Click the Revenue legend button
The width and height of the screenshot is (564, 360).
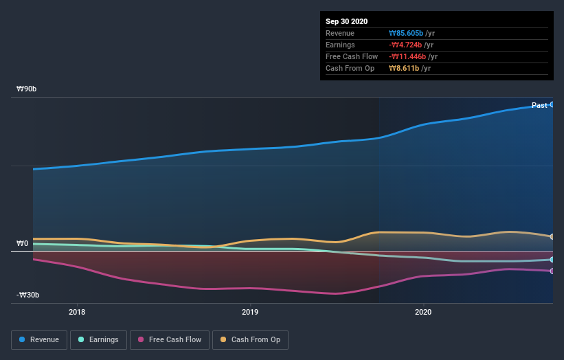39,339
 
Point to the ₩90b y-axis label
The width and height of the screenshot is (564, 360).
27,89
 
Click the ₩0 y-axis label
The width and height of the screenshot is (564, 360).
23,243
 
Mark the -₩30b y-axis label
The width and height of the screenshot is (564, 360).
27,295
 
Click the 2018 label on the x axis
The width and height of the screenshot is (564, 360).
78,311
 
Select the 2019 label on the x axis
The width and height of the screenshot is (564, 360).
251,311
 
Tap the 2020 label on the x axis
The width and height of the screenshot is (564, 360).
424,311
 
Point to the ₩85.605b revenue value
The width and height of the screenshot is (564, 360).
407,34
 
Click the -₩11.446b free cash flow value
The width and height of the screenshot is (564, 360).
408,57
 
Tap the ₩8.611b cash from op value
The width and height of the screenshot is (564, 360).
404,69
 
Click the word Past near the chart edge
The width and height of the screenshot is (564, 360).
539,105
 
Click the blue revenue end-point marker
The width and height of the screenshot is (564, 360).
552,104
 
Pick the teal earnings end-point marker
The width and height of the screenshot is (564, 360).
552,260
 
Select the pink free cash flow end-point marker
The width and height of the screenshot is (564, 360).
552,271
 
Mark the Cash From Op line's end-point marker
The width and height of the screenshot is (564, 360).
552,236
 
